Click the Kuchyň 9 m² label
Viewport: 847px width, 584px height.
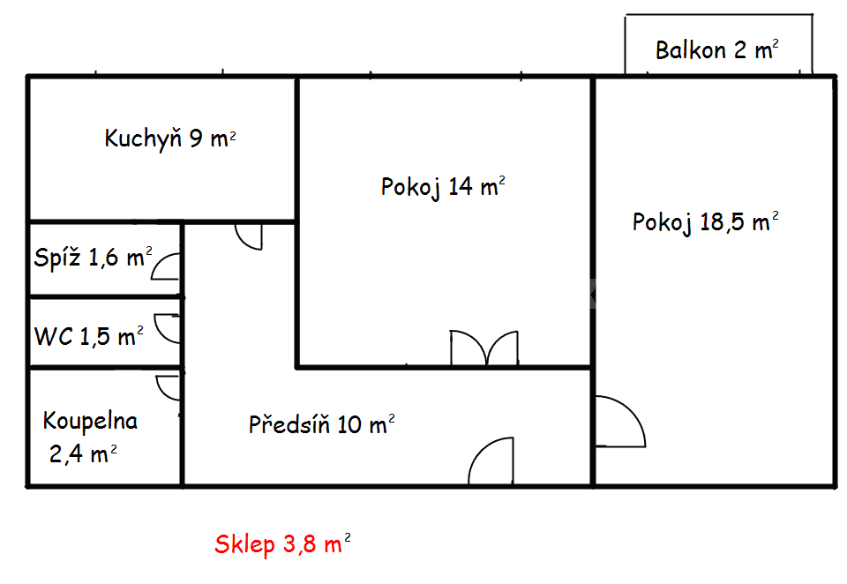coord(169,139)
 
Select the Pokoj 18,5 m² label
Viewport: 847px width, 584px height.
coord(705,222)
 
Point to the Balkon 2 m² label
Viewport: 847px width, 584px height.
coord(716,49)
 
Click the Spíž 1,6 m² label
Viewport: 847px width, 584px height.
coord(93,258)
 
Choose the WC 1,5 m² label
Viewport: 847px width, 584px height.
coord(88,336)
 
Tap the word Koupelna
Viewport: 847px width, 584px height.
coord(90,421)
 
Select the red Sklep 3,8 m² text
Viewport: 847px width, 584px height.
coord(282,545)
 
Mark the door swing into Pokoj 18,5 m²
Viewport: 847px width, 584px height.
coord(620,422)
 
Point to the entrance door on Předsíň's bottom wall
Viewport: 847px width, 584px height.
coord(491,462)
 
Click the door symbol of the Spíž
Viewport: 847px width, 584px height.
coord(168,266)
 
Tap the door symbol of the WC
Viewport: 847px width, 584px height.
coord(168,328)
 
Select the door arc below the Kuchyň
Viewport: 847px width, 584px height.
coord(249,236)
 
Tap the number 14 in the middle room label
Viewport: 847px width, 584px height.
coord(460,186)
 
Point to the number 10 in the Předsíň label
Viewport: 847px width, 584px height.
coord(349,425)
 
